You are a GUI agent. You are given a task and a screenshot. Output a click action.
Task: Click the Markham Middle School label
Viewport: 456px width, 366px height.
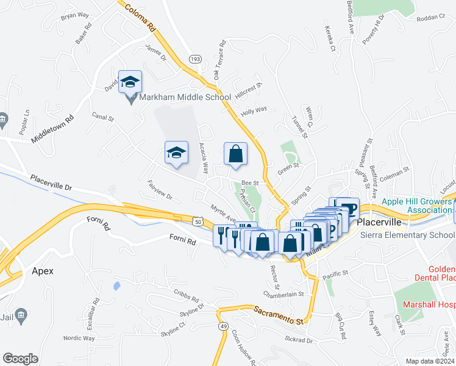click(185, 97)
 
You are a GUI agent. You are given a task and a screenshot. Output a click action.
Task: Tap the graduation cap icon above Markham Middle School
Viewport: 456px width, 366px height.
click(130, 81)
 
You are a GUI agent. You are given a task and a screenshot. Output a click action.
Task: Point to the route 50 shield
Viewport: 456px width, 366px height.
click(199, 222)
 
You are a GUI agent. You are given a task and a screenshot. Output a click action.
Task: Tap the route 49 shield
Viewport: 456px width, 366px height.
click(224, 326)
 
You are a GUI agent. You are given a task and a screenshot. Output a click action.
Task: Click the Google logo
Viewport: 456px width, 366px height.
click(20, 359)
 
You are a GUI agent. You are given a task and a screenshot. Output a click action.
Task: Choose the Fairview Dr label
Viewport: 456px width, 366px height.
click(160, 190)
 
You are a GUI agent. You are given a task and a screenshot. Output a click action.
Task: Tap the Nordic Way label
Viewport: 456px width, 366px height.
click(80, 338)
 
